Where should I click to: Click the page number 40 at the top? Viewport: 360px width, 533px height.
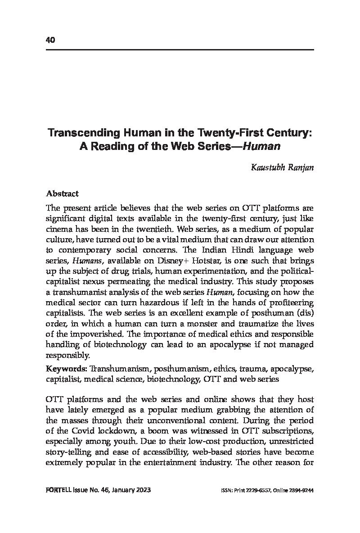pos(50,40)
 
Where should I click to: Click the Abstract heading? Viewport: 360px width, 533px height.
pos(63,194)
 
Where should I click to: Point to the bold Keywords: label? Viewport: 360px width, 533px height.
pos(66,369)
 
